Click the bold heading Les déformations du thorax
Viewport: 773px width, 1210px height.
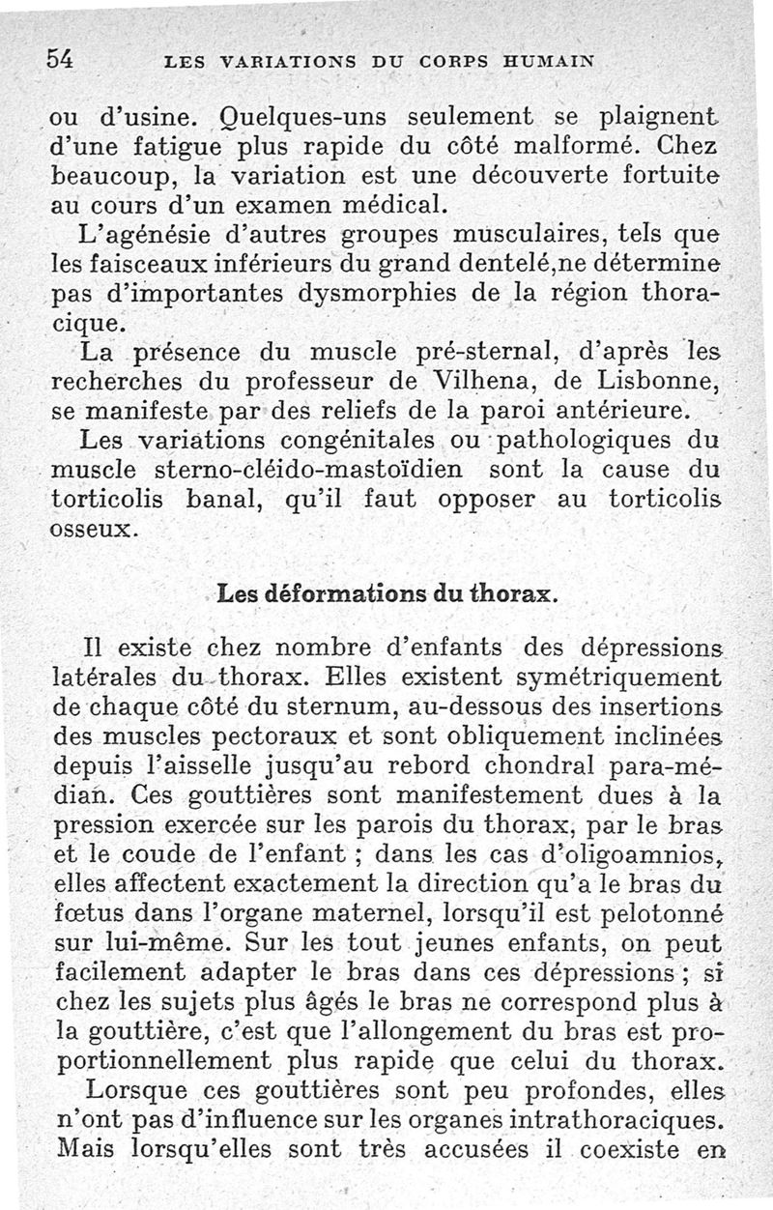click(x=386, y=594)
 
